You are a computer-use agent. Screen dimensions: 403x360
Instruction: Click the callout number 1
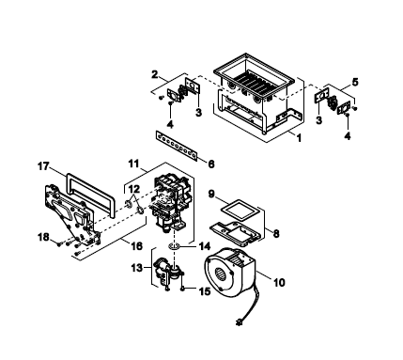click(x=300, y=137)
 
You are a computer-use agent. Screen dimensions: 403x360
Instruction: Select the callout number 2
click(x=154, y=74)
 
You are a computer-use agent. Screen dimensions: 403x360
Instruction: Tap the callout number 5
click(x=355, y=82)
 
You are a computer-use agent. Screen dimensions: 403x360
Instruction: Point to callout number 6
click(x=211, y=164)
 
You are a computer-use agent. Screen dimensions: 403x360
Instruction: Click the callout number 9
click(x=211, y=194)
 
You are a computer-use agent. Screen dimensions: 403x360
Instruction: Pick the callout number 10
click(x=279, y=282)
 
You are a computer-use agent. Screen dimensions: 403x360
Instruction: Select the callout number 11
click(x=133, y=164)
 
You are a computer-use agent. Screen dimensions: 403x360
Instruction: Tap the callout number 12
click(x=134, y=189)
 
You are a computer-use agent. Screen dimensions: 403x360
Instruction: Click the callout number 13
click(x=137, y=268)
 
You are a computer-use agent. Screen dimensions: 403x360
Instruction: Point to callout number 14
click(x=204, y=246)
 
